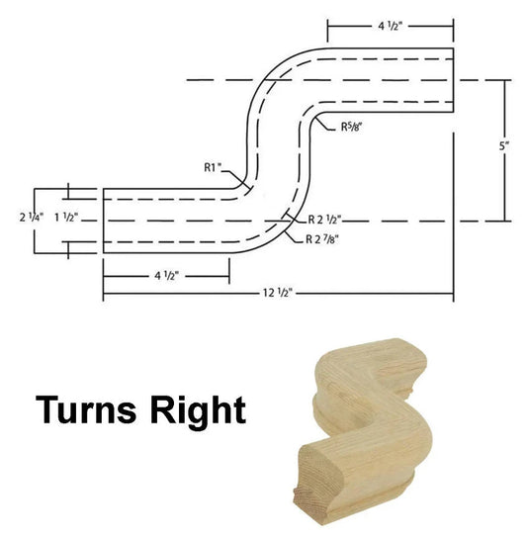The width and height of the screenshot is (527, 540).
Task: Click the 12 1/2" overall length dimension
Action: [x=278, y=293]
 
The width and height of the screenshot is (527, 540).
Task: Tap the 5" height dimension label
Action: [x=504, y=146]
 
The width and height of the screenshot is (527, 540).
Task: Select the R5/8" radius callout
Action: [x=352, y=127]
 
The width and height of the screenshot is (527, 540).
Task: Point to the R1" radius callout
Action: [x=214, y=167]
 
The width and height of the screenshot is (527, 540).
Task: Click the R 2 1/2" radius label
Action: [x=324, y=220]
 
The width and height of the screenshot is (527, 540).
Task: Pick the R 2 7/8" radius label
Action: [x=322, y=239]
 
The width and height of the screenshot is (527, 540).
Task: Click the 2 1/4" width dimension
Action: [x=32, y=218]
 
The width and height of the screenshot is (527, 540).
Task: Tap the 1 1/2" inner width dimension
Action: [x=66, y=218]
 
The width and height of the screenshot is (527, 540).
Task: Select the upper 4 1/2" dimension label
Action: [x=391, y=26]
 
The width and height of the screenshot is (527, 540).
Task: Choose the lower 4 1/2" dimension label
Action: [x=166, y=276]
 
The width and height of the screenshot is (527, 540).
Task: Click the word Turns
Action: [x=86, y=409]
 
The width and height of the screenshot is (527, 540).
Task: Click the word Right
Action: [x=198, y=411]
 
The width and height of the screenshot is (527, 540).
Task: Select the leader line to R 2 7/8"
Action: [x=295, y=237]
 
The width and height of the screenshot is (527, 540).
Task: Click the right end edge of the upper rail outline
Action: [x=453, y=80]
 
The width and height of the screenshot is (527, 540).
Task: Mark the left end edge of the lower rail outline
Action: [x=104, y=221]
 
